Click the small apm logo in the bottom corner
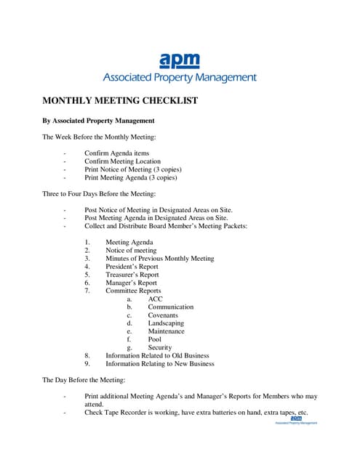[x=295, y=420]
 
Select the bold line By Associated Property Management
[x=98, y=120]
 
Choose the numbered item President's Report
[x=132, y=267]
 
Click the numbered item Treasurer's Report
[x=132, y=275]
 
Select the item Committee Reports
[x=133, y=291]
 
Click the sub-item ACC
[x=156, y=299]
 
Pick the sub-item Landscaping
[x=166, y=323]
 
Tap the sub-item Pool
[x=155, y=339]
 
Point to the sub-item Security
[x=160, y=347]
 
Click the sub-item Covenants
[x=163, y=315]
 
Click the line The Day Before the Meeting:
[x=84, y=380]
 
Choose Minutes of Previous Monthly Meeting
[x=160, y=258]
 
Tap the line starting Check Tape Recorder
[x=196, y=413]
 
